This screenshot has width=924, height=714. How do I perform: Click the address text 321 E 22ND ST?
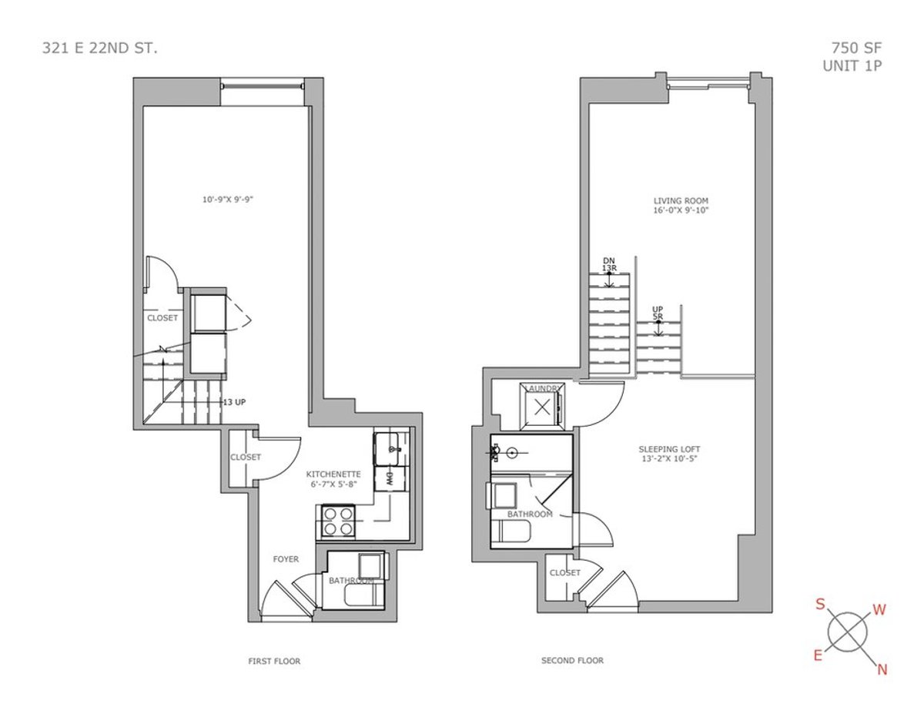point(100,49)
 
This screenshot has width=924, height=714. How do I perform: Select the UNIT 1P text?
point(852,65)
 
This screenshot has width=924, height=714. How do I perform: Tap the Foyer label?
point(286,559)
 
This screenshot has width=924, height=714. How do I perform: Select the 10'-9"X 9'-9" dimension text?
point(227,199)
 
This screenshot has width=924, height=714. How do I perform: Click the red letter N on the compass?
point(882,669)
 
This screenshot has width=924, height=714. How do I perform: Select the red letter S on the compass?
point(822,605)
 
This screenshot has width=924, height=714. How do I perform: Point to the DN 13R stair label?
point(609,264)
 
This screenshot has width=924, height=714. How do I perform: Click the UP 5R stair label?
point(658,313)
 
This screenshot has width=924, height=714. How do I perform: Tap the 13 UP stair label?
point(234,402)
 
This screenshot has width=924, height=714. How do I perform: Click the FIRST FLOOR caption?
point(274,661)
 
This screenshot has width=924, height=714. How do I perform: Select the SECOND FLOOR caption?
point(572,660)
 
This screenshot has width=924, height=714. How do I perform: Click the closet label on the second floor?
point(564,572)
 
